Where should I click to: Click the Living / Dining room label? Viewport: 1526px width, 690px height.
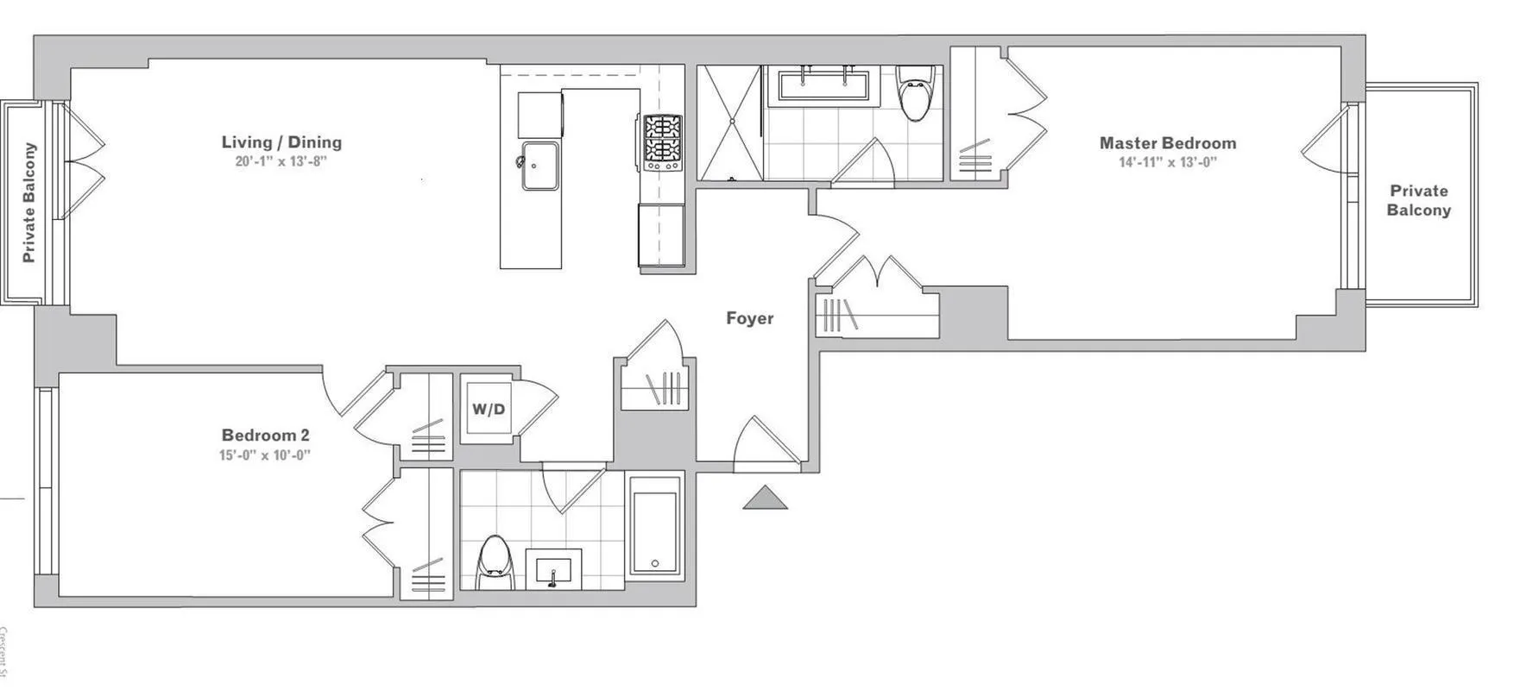281,142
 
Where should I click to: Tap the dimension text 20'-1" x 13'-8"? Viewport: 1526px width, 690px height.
281,161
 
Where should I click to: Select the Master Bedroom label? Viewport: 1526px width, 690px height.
1167,143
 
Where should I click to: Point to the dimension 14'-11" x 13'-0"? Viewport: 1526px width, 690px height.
1167,162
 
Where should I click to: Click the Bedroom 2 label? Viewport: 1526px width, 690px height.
265,436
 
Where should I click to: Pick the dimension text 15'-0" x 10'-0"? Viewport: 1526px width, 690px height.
264,455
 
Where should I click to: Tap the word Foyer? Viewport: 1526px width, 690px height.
749,318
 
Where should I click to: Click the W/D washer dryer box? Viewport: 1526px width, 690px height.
488,409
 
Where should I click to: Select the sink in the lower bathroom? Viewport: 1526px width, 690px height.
553,569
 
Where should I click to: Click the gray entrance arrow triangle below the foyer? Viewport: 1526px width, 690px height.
765,499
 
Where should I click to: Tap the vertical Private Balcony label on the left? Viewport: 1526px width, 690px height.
29,203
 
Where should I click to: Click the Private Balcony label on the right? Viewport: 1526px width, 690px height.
1418,200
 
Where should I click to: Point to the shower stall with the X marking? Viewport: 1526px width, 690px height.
729,122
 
